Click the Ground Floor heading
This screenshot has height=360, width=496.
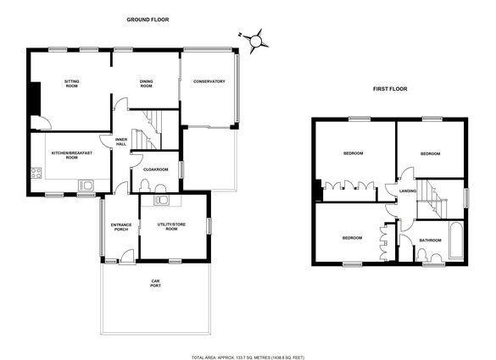(148, 19)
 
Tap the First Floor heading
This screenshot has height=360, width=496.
(390, 89)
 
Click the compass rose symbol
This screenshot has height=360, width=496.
(255, 41)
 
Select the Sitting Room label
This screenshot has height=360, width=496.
(72, 84)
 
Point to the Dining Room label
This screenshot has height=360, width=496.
(146, 84)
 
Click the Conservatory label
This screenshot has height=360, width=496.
(209, 81)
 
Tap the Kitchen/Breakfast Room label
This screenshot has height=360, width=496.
(72, 155)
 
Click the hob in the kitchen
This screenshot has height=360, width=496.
(36, 173)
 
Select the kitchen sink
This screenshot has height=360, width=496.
(86, 185)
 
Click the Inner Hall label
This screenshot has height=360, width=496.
(121, 141)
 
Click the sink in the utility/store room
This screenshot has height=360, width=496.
(162, 200)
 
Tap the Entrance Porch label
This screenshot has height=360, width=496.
(121, 227)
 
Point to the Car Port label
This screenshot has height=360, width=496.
(156, 283)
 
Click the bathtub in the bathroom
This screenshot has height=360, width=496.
(456, 241)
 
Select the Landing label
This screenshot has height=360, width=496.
(408, 191)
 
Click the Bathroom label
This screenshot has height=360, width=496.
(430, 241)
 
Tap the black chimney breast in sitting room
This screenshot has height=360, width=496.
(35, 99)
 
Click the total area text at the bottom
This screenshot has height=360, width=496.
(248, 357)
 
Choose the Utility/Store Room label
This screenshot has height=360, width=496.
(171, 227)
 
